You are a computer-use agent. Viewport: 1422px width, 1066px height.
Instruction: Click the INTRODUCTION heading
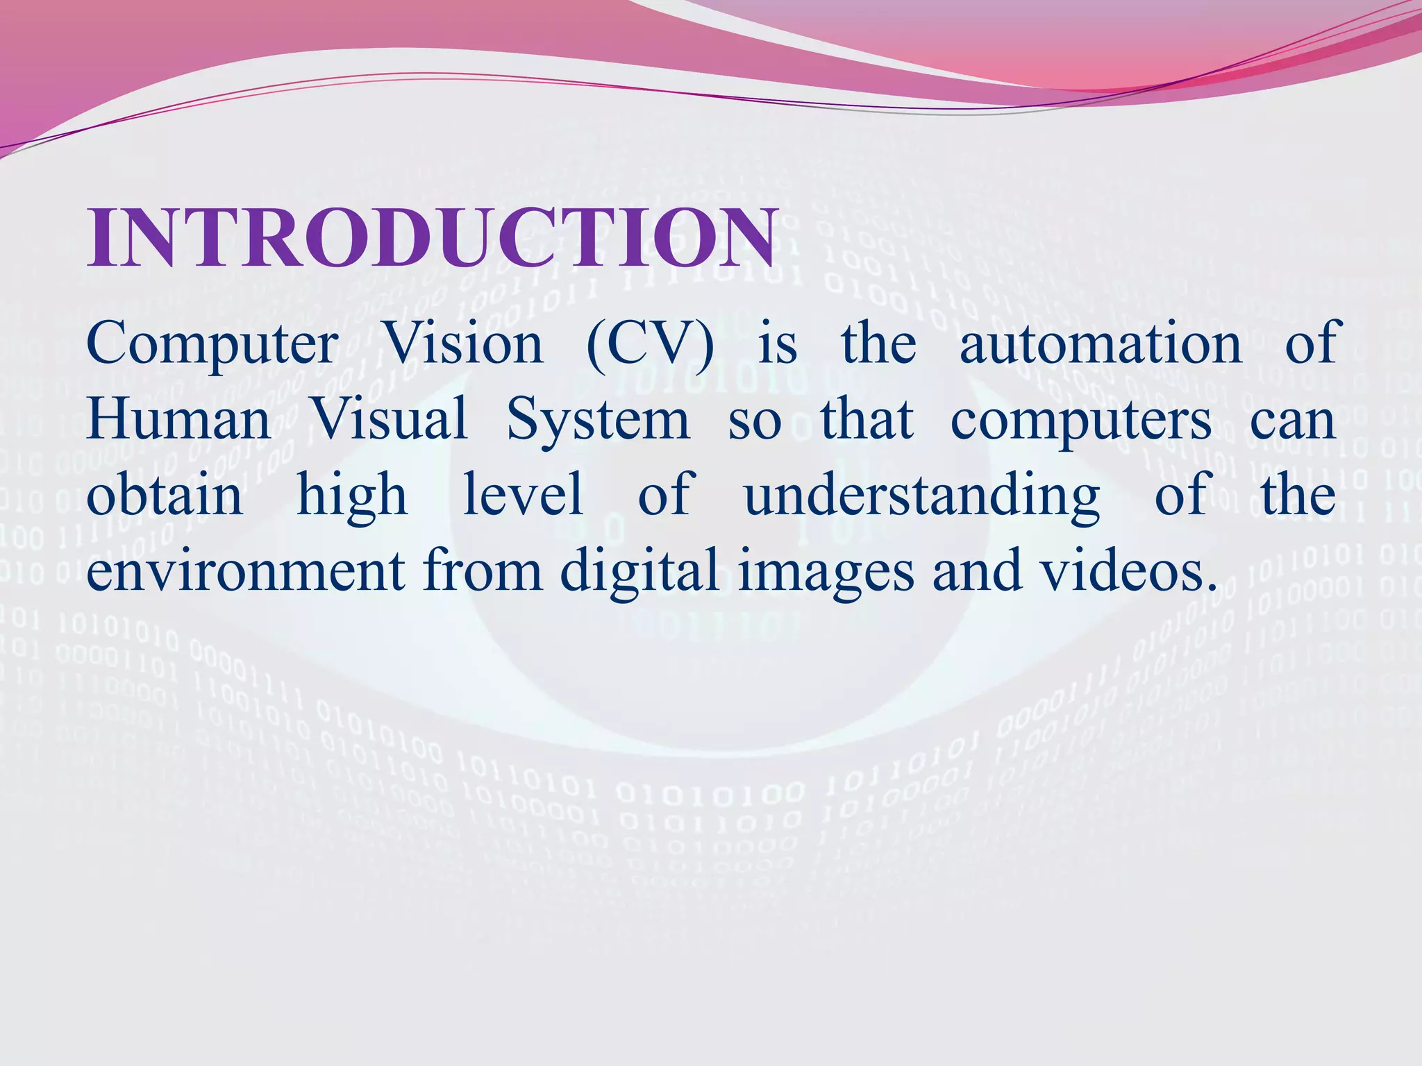[430, 237]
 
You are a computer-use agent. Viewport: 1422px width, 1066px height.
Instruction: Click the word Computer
[212, 344]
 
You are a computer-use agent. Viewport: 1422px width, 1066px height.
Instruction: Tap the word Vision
[463, 344]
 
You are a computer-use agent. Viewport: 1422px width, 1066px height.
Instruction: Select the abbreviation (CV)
[649, 344]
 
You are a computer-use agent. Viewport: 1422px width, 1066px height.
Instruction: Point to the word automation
[1101, 344]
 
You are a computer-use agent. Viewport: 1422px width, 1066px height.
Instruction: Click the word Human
[179, 420]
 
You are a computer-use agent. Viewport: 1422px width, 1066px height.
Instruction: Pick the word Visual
[390, 420]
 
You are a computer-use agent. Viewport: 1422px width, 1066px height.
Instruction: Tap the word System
[598, 420]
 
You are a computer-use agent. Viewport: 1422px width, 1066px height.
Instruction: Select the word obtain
[165, 495]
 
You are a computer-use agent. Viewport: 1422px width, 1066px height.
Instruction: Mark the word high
[351, 495]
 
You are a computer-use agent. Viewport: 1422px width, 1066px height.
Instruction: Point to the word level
[523, 495]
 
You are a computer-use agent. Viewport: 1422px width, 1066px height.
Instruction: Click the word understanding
[922, 496]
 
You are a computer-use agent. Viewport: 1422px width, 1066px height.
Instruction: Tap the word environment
[246, 570]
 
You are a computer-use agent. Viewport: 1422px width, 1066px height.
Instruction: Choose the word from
[483, 570]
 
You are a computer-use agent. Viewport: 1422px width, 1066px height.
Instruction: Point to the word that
[867, 420]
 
